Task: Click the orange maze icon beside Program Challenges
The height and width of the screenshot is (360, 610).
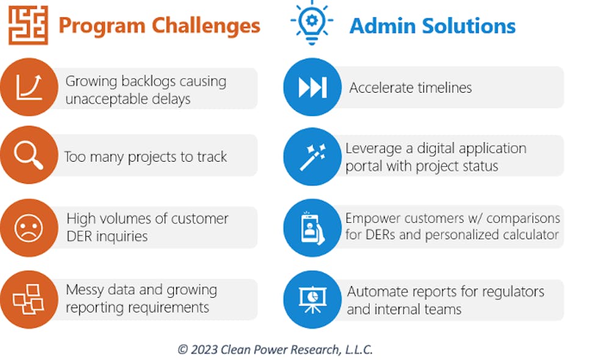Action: pos(29,25)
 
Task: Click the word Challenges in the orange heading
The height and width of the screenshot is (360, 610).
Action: pos(206,26)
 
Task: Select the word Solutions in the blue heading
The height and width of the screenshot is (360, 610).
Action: pos(468,26)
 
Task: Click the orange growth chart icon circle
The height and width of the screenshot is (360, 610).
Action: pos(29,87)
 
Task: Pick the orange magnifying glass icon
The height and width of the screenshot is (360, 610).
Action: pos(29,155)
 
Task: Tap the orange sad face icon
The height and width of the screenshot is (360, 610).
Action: pos(29,228)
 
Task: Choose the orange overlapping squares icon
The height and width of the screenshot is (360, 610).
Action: pos(29,300)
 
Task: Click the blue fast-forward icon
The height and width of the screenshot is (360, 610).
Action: pos(312,87)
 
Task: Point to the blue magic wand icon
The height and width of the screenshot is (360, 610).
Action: pos(312,156)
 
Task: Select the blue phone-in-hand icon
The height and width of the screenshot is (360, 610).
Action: pos(312,228)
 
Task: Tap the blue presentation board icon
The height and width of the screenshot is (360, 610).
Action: pos(312,300)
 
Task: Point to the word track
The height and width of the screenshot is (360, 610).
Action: pos(212,157)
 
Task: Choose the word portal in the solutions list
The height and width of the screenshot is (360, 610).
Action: pos(361,167)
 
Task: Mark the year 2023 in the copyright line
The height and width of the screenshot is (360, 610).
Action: pos(204,350)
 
